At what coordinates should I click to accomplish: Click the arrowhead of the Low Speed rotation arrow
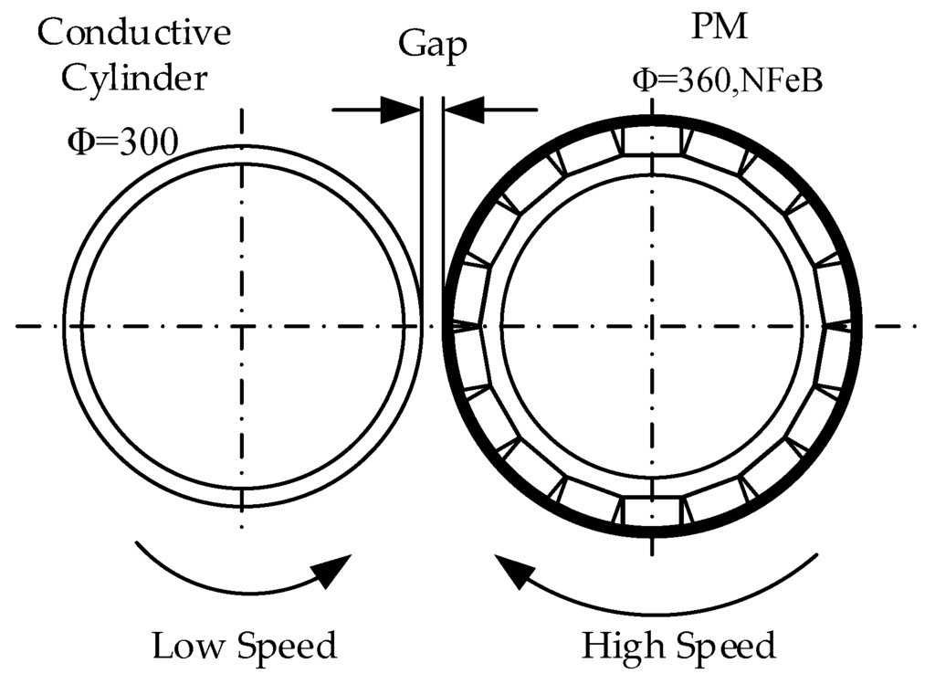click(335, 570)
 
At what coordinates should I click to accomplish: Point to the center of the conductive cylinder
click(242, 326)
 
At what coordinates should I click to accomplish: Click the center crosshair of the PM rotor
click(652, 326)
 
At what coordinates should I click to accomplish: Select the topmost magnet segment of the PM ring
click(652, 141)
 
